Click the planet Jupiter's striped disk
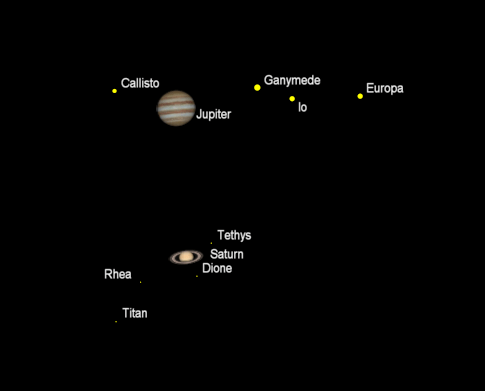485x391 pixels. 176,108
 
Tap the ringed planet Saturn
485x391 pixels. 186,257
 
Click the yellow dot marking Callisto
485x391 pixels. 115,91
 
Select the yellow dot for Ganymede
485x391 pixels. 257,88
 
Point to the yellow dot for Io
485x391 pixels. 292,98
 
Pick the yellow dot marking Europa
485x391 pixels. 360,96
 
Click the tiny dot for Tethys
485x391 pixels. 212,243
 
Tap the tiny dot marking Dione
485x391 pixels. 197,276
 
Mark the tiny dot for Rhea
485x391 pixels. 140,283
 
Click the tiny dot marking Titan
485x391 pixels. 116,322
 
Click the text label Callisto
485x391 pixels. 140,83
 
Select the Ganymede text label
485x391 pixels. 292,80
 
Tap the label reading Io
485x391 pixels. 303,106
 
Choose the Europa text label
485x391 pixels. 385,89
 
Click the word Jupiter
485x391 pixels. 214,115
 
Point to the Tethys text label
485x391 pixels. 234,236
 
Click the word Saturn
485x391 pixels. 226,254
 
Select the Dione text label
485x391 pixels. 218,268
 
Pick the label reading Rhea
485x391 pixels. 118,274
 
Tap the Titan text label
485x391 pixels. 135,313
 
